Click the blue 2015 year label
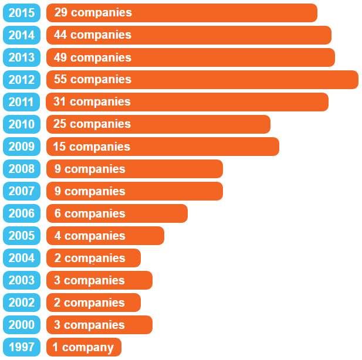pyautogui.click(x=22, y=12)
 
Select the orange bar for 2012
pyautogui.click(x=202, y=80)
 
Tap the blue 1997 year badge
pyautogui.click(x=22, y=347)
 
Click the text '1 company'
pyautogui.click(x=83, y=347)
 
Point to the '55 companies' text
pyautogui.click(x=93, y=79)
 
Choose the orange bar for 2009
pyautogui.click(x=163, y=147)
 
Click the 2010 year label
pyautogui.click(x=22, y=124)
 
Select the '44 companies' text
pyautogui.click(x=93, y=35)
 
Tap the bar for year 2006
pyautogui.click(x=117, y=213)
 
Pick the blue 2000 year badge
pyautogui.click(x=22, y=325)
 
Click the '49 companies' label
pyautogui.click(x=93, y=57)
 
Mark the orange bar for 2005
pyautogui.click(x=105, y=236)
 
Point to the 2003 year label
pyautogui.click(x=22, y=280)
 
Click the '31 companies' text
pyautogui.click(x=92, y=101)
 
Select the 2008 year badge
pyautogui.click(x=22, y=169)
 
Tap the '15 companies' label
pyautogui.click(x=92, y=147)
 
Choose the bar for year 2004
pyautogui.click(x=93, y=258)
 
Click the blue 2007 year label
pyautogui.click(x=22, y=191)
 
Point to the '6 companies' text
pyautogui.click(x=90, y=213)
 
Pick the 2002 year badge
pyautogui.click(x=22, y=303)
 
